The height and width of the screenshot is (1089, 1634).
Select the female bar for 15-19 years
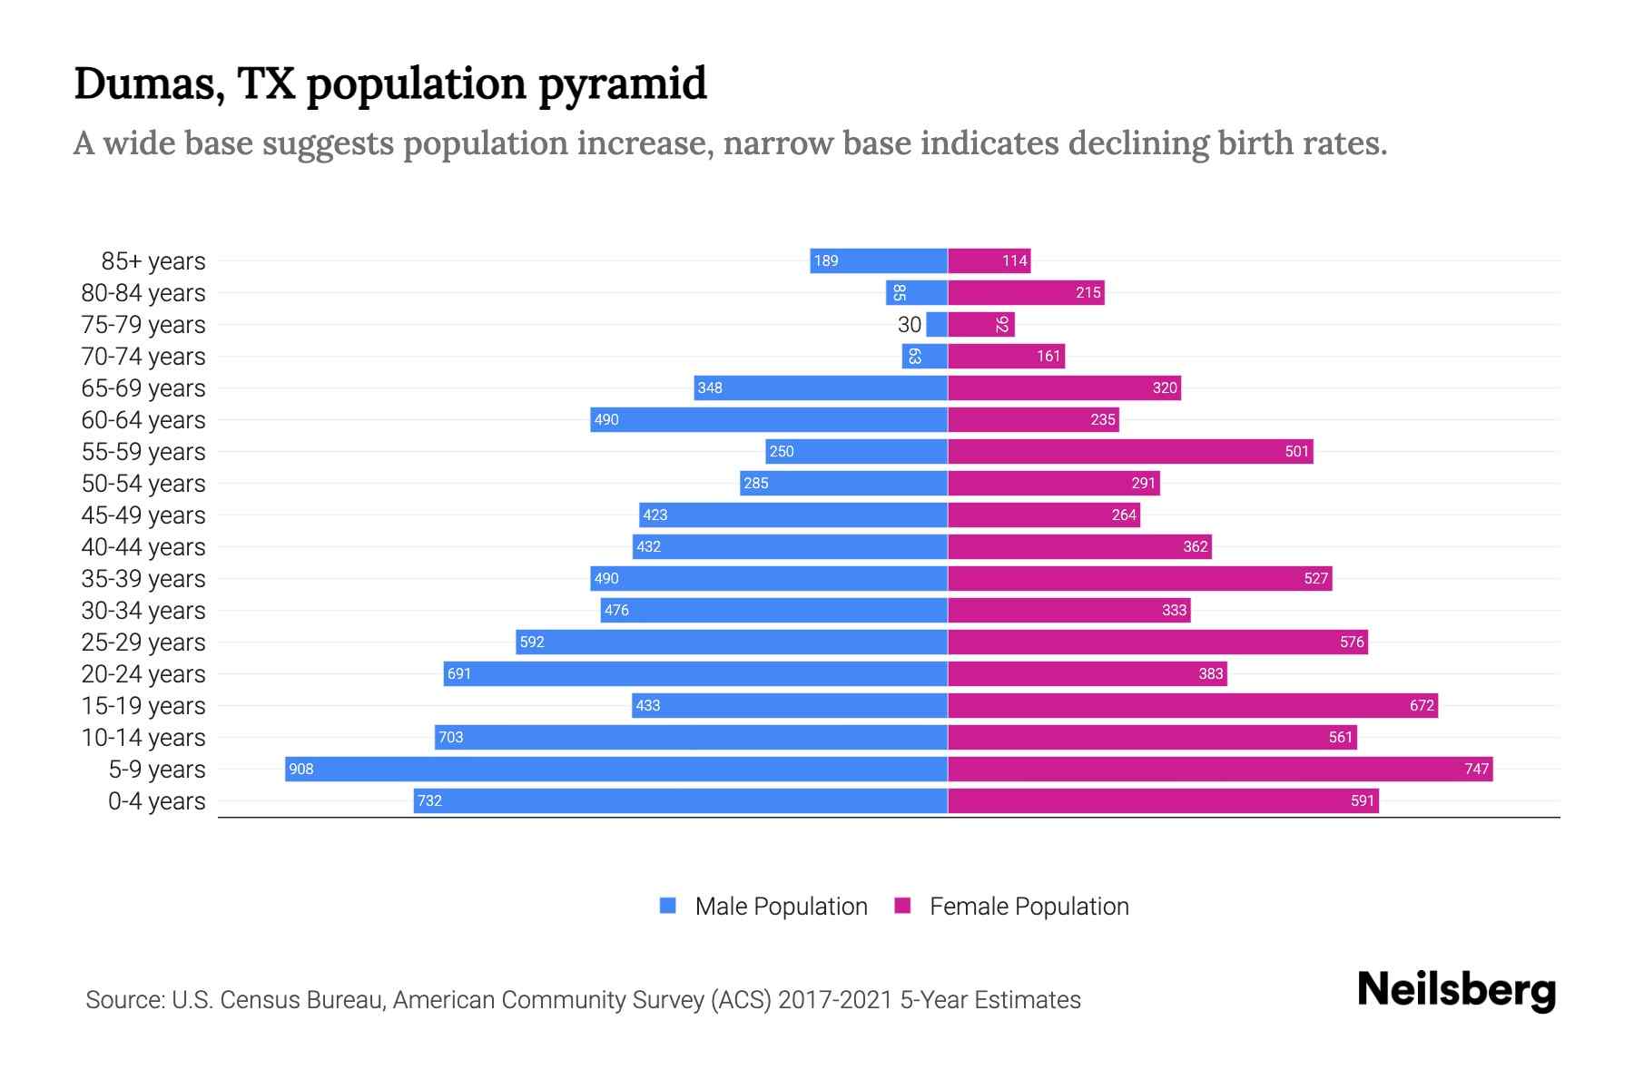point(1192,705)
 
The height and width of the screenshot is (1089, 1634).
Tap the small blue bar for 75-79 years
point(937,325)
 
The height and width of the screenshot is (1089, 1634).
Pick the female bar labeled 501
point(1129,451)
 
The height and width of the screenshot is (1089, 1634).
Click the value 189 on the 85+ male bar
point(826,261)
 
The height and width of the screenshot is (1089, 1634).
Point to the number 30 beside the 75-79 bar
point(909,325)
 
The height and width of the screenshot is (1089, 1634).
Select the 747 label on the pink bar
point(1476,770)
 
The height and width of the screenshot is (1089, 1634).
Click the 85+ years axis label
point(153,261)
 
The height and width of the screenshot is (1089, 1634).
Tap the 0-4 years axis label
point(156,801)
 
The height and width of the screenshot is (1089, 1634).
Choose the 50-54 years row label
point(143,484)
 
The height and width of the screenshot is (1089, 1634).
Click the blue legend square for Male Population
point(668,906)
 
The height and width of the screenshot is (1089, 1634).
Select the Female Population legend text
point(1029,907)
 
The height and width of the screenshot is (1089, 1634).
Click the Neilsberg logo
point(1456,990)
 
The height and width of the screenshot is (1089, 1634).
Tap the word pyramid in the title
point(622,84)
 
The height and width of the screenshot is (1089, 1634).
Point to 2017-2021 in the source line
point(835,1000)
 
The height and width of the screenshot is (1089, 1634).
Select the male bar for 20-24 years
point(695,673)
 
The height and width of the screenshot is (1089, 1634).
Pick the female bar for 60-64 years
point(1033,419)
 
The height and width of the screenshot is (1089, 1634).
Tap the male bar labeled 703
point(691,737)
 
